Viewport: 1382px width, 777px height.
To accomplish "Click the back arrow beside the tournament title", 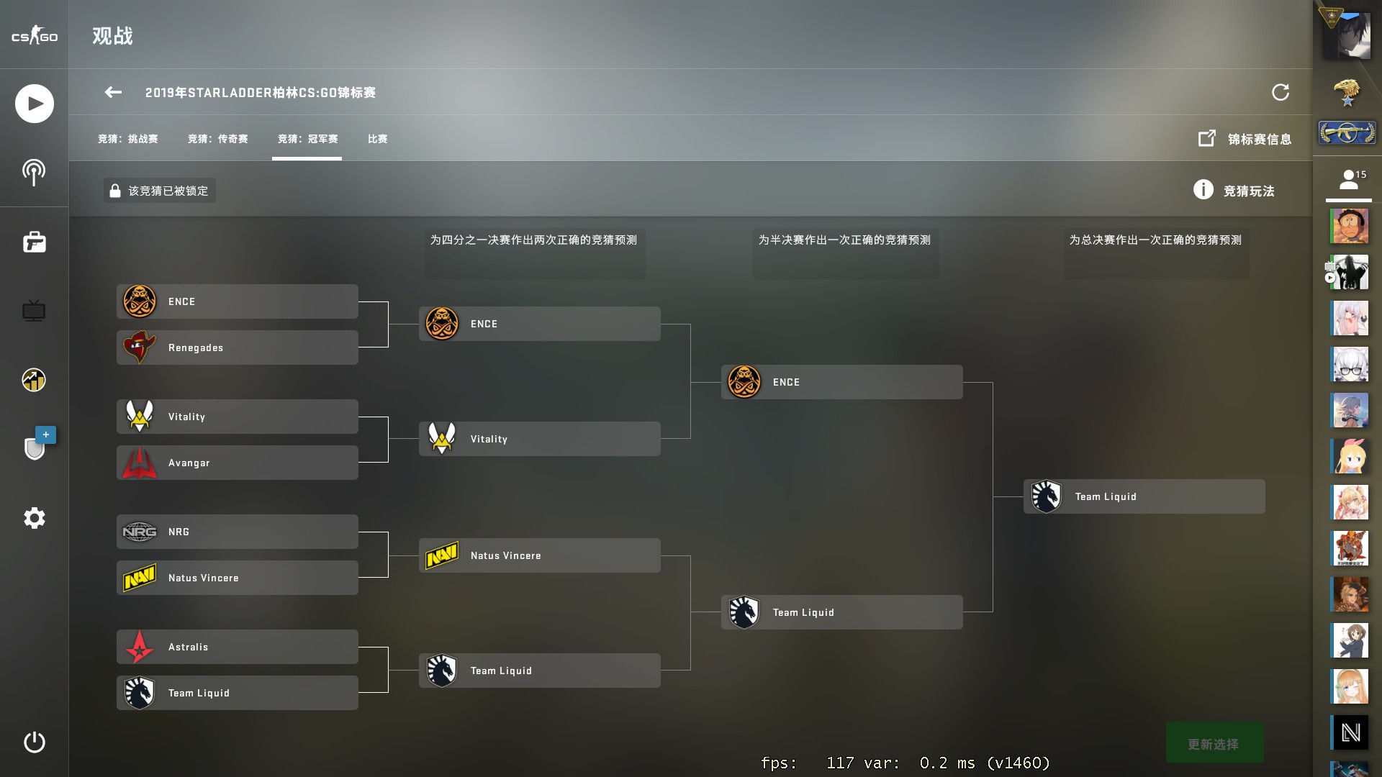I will click(113, 92).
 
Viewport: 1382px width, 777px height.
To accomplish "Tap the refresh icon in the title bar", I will click(1281, 92).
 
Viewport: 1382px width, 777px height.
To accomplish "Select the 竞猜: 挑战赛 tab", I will click(128, 139).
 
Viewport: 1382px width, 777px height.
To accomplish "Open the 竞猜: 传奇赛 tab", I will click(218, 139).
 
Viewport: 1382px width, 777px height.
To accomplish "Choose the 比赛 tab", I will click(378, 139).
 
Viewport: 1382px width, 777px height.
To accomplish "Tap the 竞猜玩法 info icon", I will click(1203, 190).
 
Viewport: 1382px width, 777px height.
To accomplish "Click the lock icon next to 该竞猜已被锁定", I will click(115, 191).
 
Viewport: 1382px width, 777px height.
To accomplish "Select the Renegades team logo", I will click(140, 347).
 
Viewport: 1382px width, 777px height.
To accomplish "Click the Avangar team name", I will click(189, 463).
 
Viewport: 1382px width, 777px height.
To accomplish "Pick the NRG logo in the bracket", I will click(140, 532).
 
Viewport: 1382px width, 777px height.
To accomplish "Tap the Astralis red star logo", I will click(140, 647).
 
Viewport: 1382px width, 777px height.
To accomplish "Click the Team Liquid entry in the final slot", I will click(1143, 496).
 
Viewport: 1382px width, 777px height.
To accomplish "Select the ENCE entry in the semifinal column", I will click(841, 382).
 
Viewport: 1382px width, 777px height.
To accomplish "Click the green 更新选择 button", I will click(1214, 743).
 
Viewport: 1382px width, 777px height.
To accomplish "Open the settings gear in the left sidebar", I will click(34, 518).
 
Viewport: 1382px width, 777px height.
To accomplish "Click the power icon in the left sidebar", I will click(34, 742).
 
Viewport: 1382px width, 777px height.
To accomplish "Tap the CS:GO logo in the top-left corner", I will click(34, 36).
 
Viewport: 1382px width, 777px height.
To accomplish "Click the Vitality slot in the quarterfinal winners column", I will click(538, 439).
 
